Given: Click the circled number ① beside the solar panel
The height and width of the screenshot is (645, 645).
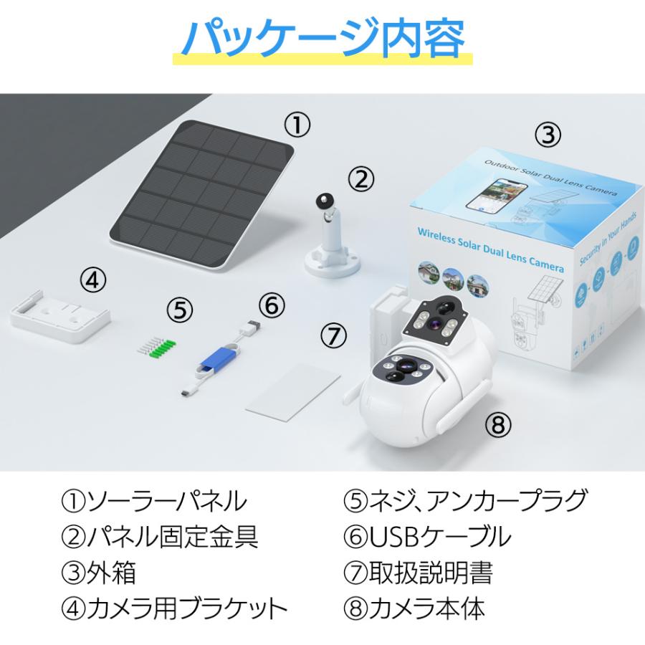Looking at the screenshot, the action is point(297,125).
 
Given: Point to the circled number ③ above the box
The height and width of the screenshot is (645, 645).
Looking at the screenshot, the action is point(548,134).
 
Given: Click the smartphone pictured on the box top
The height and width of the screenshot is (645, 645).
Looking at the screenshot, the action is point(497,193).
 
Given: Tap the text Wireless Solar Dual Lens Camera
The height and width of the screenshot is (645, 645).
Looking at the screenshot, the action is point(490,249).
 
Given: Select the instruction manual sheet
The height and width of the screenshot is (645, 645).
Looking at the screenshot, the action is point(293,393).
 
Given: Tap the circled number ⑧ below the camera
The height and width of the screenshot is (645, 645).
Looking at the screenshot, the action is point(498,424).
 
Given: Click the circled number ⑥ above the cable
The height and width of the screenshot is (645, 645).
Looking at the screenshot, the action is point(272,305).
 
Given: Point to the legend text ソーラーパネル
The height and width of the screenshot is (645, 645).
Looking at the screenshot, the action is point(166,501).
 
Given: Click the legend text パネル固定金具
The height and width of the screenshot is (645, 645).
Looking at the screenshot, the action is point(172,536).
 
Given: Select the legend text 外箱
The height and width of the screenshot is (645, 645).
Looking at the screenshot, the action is point(110,572).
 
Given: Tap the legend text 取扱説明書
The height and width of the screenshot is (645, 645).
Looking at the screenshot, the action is point(430,572).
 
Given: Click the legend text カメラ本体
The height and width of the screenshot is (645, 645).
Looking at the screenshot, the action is point(426,608).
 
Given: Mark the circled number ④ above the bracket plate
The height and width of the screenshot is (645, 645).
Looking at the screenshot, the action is point(92,280).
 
